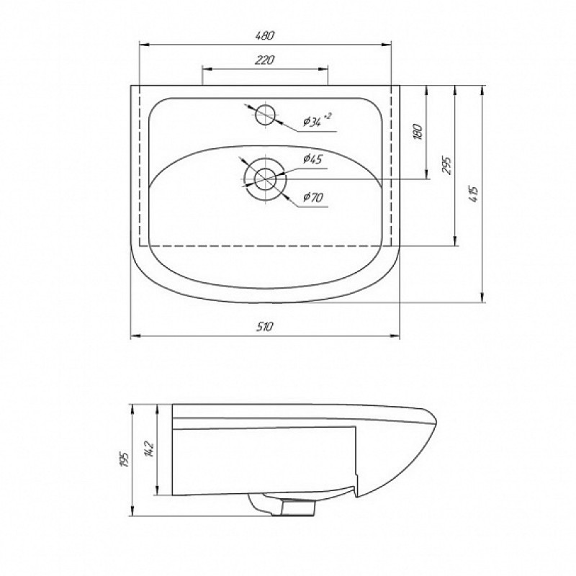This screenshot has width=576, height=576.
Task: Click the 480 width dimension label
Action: coord(265,35)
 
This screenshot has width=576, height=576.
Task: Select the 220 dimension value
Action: coord(265,60)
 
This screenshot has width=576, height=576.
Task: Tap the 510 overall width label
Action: coord(265,327)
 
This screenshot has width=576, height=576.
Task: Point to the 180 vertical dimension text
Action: coord(418,132)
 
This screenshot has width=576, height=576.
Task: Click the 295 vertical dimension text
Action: coord(446,166)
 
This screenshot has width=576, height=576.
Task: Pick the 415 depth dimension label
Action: coord(474,194)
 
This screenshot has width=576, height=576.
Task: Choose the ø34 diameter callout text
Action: coord(312,121)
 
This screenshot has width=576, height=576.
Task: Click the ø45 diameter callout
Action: coord(312,159)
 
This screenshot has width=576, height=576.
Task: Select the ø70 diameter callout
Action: coord(313,197)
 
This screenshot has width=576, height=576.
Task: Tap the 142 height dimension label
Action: coord(150,448)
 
